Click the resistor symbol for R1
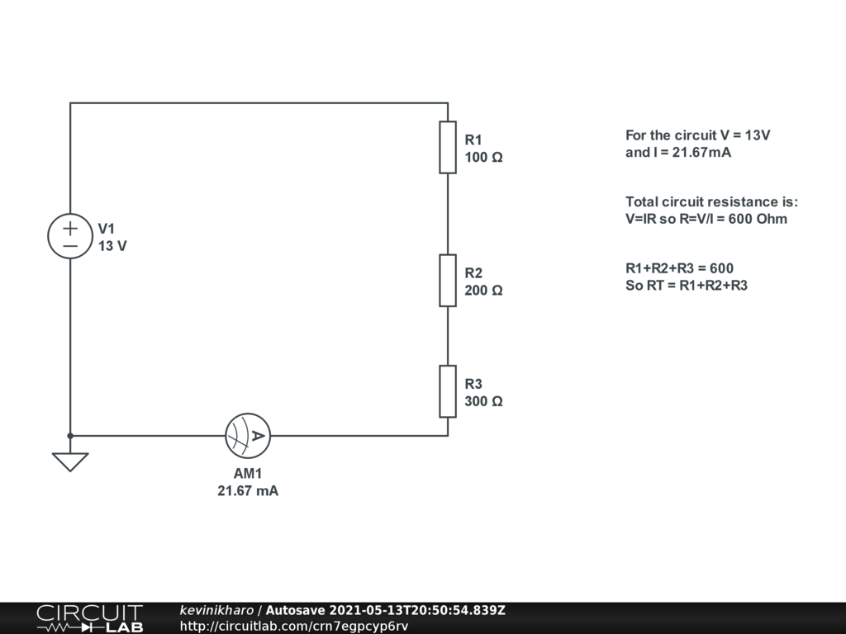coord(448,147)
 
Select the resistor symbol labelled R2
coord(448,281)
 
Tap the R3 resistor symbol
coord(448,391)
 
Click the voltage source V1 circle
coord(70,236)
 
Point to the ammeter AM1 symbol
coord(248,436)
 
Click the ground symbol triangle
coord(70,461)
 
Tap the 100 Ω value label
coord(483,157)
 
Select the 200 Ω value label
coord(483,291)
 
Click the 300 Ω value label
coord(483,401)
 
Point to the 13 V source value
coord(112,246)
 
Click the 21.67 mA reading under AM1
coord(248,491)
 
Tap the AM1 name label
coord(248,474)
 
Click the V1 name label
coord(107,228)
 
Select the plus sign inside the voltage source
coord(70,228)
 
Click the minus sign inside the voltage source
coord(70,246)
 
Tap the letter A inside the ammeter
coord(258,436)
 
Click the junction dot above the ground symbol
coord(70,435)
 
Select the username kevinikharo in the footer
coord(217,611)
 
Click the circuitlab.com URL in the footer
coord(294,627)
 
